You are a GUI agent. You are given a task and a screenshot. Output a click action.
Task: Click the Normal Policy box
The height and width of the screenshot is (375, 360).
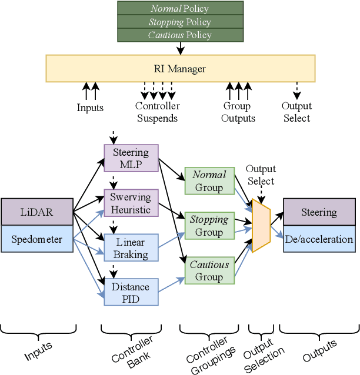click(x=180, y=8)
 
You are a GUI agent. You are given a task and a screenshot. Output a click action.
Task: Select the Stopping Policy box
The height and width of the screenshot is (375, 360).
click(x=180, y=22)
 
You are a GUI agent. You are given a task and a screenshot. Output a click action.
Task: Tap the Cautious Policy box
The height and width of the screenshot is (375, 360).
click(x=180, y=35)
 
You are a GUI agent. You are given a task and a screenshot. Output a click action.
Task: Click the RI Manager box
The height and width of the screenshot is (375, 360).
click(x=180, y=69)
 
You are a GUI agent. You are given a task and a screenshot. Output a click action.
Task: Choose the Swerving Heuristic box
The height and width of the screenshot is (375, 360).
click(x=131, y=203)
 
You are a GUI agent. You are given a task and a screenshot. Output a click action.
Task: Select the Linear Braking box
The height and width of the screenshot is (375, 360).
click(x=131, y=248)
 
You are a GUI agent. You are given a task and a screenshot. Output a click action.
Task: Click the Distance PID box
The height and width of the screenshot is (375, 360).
click(x=131, y=292)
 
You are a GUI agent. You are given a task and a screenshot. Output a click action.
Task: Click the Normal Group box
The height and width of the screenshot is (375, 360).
click(x=209, y=181)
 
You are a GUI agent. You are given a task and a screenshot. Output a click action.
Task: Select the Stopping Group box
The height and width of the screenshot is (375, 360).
click(x=209, y=226)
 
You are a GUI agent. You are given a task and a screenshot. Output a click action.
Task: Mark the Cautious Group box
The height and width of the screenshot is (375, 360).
click(x=209, y=270)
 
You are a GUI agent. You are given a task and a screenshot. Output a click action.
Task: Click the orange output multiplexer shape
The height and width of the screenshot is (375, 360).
click(x=261, y=226)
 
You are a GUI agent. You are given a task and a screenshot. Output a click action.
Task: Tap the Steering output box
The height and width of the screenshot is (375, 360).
click(x=319, y=212)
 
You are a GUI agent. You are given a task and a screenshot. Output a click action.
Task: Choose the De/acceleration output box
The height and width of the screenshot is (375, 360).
click(x=319, y=239)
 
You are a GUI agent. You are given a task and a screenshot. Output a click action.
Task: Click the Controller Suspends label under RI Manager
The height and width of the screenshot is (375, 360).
click(x=157, y=112)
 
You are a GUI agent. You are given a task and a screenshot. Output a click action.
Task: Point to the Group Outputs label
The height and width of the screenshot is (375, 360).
click(x=238, y=112)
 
